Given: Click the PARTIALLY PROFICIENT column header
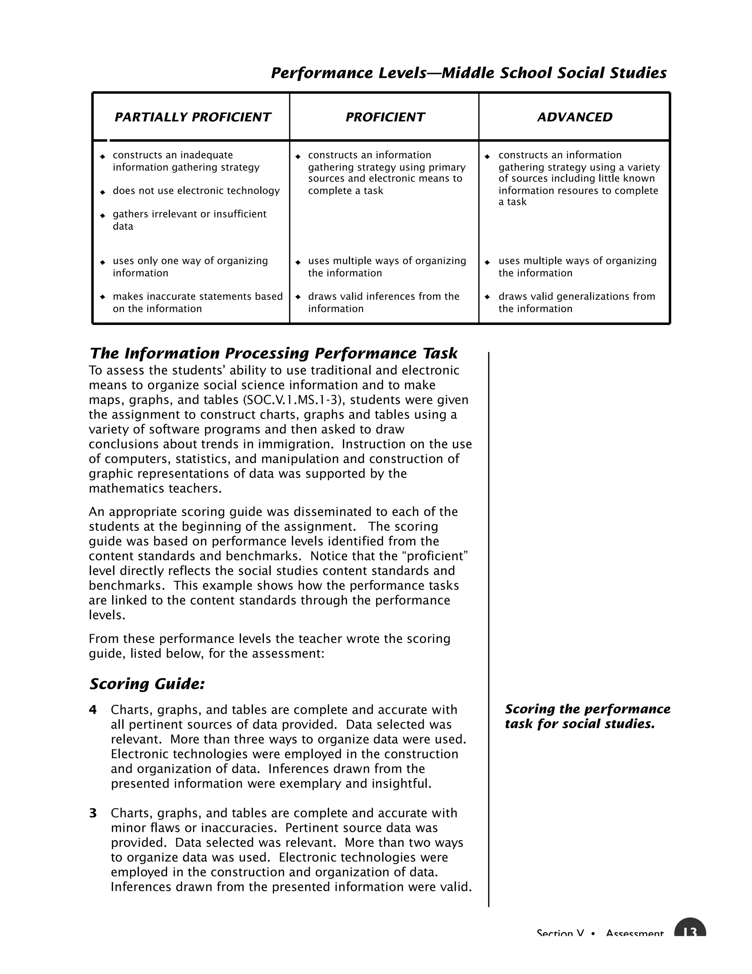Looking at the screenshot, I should (x=192, y=117).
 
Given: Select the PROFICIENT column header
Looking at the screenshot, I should (x=385, y=117).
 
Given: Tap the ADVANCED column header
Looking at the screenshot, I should (x=574, y=117).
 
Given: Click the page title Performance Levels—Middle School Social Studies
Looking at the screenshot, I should (x=468, y=73).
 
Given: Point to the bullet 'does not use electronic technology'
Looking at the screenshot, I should (x=196, y=191).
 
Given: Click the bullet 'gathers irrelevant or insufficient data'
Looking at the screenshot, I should (x=189, y=220).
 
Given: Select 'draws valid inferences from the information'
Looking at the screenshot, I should (x=383, y=302).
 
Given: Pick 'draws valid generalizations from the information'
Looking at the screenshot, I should (x=576, y=302).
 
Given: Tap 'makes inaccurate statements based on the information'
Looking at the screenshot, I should (x=197, y=302).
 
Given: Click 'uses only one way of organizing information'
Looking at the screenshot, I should (x=190, y=267).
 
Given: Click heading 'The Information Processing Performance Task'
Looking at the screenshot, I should (x=273, y=353).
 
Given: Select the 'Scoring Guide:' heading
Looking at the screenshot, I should (x=147, y=684).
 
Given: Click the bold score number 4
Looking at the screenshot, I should (x=93, y=709).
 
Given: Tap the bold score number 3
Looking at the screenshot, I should (x=93, y=813).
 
